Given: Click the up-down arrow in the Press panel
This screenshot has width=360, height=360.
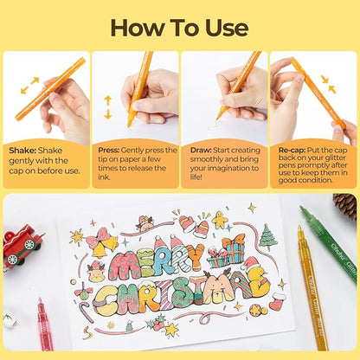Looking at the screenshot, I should click(x=108, y=106).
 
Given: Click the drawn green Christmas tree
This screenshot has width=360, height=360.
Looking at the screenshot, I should click(x=268, y=235).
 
